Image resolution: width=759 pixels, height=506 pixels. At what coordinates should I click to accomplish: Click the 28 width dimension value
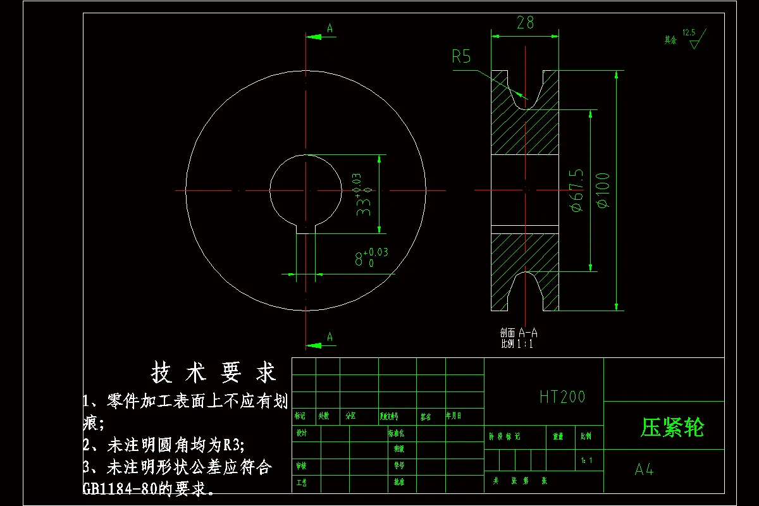[525, 23]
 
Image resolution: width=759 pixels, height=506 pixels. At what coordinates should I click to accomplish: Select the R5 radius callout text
[461, 57]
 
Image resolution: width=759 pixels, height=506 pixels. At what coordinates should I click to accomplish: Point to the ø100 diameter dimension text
[603, 190]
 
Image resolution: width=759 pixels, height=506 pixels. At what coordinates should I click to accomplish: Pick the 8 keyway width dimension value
[359, 259]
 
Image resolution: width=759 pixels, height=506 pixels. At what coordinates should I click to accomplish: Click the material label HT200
[562, 397]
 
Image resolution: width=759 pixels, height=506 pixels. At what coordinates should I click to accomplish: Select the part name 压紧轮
[672, 428]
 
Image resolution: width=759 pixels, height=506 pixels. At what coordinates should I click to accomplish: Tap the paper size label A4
[644, 470]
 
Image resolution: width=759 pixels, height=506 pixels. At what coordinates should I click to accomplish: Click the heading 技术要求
[214, 373]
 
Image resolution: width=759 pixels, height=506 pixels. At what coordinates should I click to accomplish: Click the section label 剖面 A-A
[518, 333]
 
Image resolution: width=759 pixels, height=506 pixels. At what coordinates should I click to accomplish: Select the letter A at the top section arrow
[330, 28]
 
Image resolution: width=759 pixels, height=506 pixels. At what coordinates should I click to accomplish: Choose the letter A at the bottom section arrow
[330, 337]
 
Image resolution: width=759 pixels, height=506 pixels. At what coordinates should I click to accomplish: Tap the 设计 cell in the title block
[302, 433]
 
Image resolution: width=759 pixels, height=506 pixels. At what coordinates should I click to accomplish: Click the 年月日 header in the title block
[454, 416]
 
